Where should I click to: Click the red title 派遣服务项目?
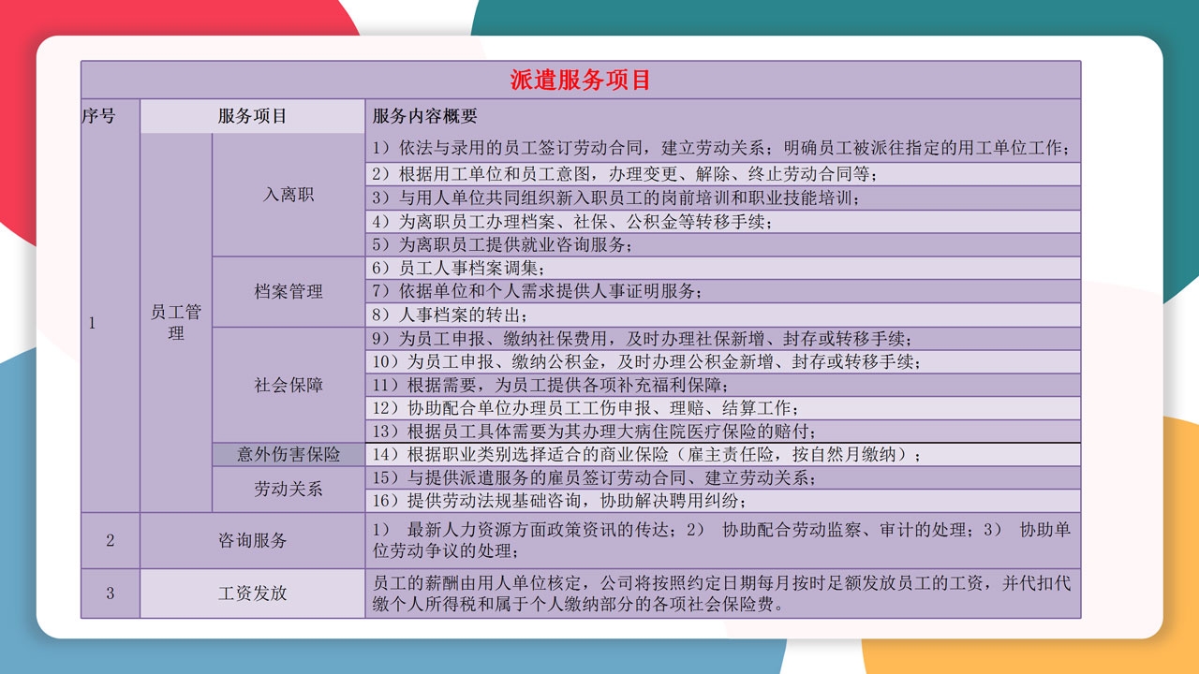580,81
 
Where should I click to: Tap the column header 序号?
98,115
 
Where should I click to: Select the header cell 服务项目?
252,115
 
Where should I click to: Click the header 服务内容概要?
424,115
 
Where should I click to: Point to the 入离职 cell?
288,194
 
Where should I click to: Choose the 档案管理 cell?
288,291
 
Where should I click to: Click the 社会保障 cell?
288,385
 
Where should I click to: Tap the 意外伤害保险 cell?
288,454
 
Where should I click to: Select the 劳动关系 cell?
288,489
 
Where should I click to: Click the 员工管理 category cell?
175,322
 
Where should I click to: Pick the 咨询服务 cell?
252,540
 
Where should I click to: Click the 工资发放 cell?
252,593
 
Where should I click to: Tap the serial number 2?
110,540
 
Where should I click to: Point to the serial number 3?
110,593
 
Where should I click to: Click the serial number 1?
92,323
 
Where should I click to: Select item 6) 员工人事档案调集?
458,268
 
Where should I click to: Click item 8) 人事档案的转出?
450,315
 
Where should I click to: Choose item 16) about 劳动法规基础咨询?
559,501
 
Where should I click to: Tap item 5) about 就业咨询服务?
502,244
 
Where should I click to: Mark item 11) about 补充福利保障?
550,385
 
